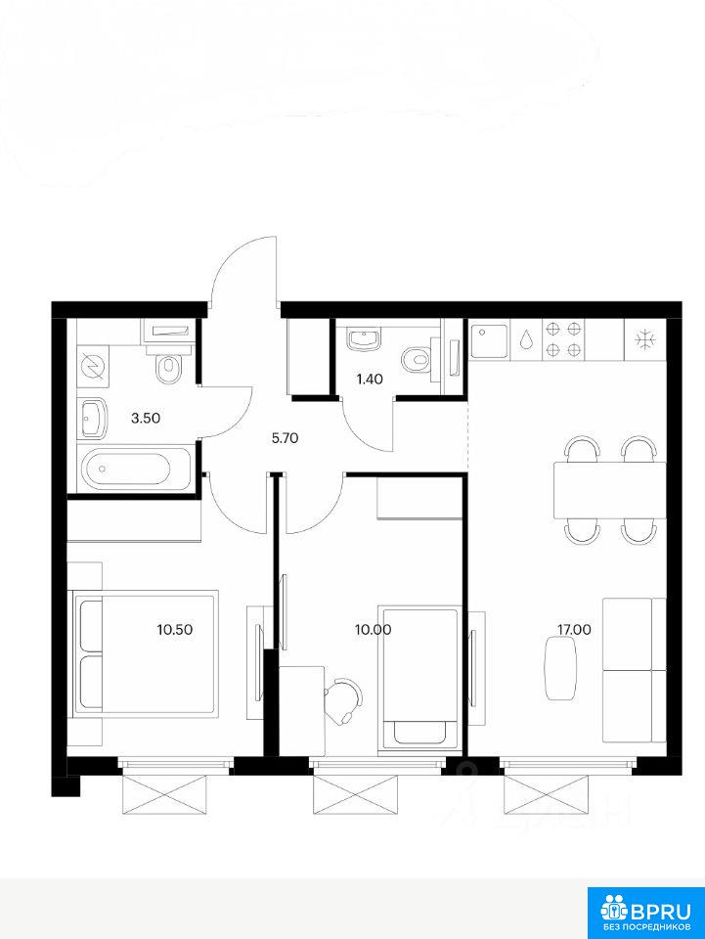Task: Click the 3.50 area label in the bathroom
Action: click(146, 418)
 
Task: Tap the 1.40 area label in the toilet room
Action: click(370, 380)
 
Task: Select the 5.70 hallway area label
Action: click(285, 438)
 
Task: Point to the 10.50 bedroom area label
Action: click(175, 629)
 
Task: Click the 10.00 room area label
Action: click(373, 629)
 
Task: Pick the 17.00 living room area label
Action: click(574, 629)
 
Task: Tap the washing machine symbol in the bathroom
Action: click(92, 365)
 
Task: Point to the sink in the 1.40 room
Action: click(364, 339)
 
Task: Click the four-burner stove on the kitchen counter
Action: click(564, 339)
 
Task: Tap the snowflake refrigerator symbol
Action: click(645, 339)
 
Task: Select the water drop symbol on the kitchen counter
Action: click(526, 339)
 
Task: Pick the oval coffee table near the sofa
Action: click(561, 668)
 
